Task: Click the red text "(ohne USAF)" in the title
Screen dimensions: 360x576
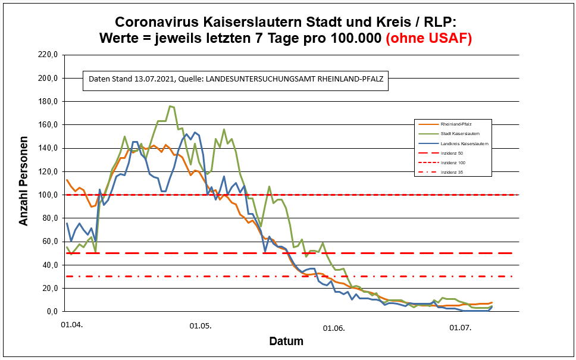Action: [429, 39]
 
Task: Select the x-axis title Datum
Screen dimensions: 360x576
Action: [286, 342]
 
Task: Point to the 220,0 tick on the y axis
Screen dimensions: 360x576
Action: [48, 55]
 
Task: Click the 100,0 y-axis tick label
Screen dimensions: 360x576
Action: [48, 195]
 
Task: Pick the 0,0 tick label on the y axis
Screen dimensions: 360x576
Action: [51, 311]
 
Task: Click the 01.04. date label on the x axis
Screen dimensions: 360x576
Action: [71, 326]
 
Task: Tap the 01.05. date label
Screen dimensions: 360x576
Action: [201, 326]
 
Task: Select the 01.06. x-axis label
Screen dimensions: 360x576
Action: [334, 327]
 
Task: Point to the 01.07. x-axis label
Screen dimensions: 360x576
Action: [460, 327]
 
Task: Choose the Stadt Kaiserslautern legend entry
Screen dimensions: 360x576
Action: [461, 134]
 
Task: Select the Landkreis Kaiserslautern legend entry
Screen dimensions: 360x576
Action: [464, 144]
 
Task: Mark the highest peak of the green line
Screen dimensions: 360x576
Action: [170, 107]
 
